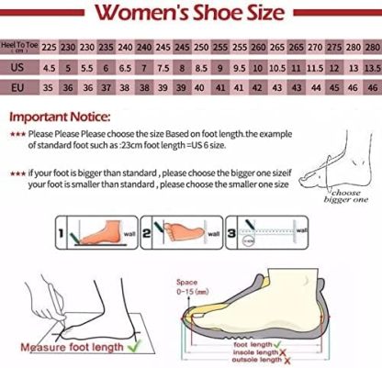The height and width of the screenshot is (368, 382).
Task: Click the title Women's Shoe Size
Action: (190, 14)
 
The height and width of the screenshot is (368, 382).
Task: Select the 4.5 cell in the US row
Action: (50, 67)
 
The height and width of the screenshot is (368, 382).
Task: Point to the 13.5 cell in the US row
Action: (372, 67)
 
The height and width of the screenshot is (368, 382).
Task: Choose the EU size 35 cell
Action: (50, 87)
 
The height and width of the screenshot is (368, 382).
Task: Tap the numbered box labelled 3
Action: (233, 231)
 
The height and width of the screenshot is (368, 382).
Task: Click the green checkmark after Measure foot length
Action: (135, 347)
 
